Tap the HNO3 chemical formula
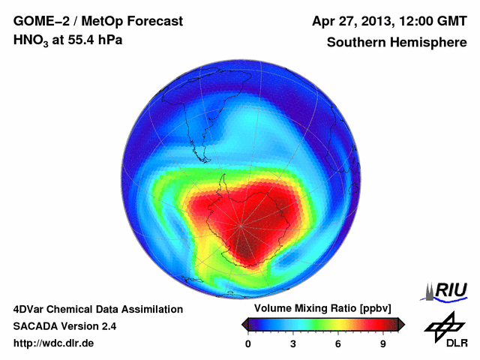pyautogui.click(x=31, y=40)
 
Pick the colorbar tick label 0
pyautogui.click(x=248, y=343)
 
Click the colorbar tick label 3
pyautogui.click(x=293, y=343)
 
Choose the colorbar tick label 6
pyautogui.click(x=338, y=343)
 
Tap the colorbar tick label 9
pyautogui.click(x=382, y=343)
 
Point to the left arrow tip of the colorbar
pyautogui.click(x=242, y=324)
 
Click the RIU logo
pyautogui.click(x=448, y=290)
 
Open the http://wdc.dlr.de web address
pyautogui.click(x=54, y=343)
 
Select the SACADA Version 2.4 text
pyautogui.click(x=64, y=326)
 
